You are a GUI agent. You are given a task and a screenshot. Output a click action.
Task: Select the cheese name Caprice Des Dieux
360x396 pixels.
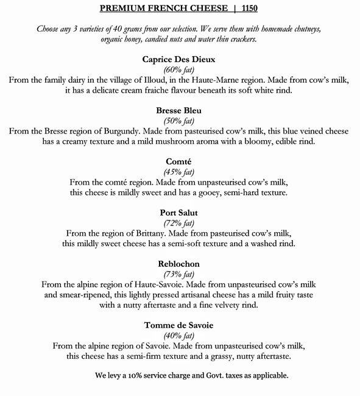point(178,60)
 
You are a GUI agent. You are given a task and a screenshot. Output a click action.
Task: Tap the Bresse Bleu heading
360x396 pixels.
point(178,111)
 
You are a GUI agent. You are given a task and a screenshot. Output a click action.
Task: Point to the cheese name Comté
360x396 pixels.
point(178,161)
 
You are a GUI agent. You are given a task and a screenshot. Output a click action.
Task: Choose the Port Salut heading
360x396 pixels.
point(178,213)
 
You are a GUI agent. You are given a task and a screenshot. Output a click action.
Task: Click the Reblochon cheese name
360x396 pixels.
point(178,264)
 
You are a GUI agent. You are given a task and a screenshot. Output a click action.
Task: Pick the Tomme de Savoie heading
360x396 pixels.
point(178,325)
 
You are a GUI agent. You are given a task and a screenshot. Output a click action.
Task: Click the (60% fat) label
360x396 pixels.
point(178,70)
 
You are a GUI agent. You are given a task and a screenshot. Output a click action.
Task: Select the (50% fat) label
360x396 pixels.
point(178,121)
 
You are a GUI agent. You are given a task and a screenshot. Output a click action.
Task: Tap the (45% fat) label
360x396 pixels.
point(178,172)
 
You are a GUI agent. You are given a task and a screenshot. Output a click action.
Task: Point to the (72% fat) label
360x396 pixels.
point(178,223)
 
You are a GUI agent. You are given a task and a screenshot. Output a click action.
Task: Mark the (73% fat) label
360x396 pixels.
point(178,274)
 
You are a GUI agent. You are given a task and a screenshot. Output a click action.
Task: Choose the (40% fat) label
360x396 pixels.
point(178,335)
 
